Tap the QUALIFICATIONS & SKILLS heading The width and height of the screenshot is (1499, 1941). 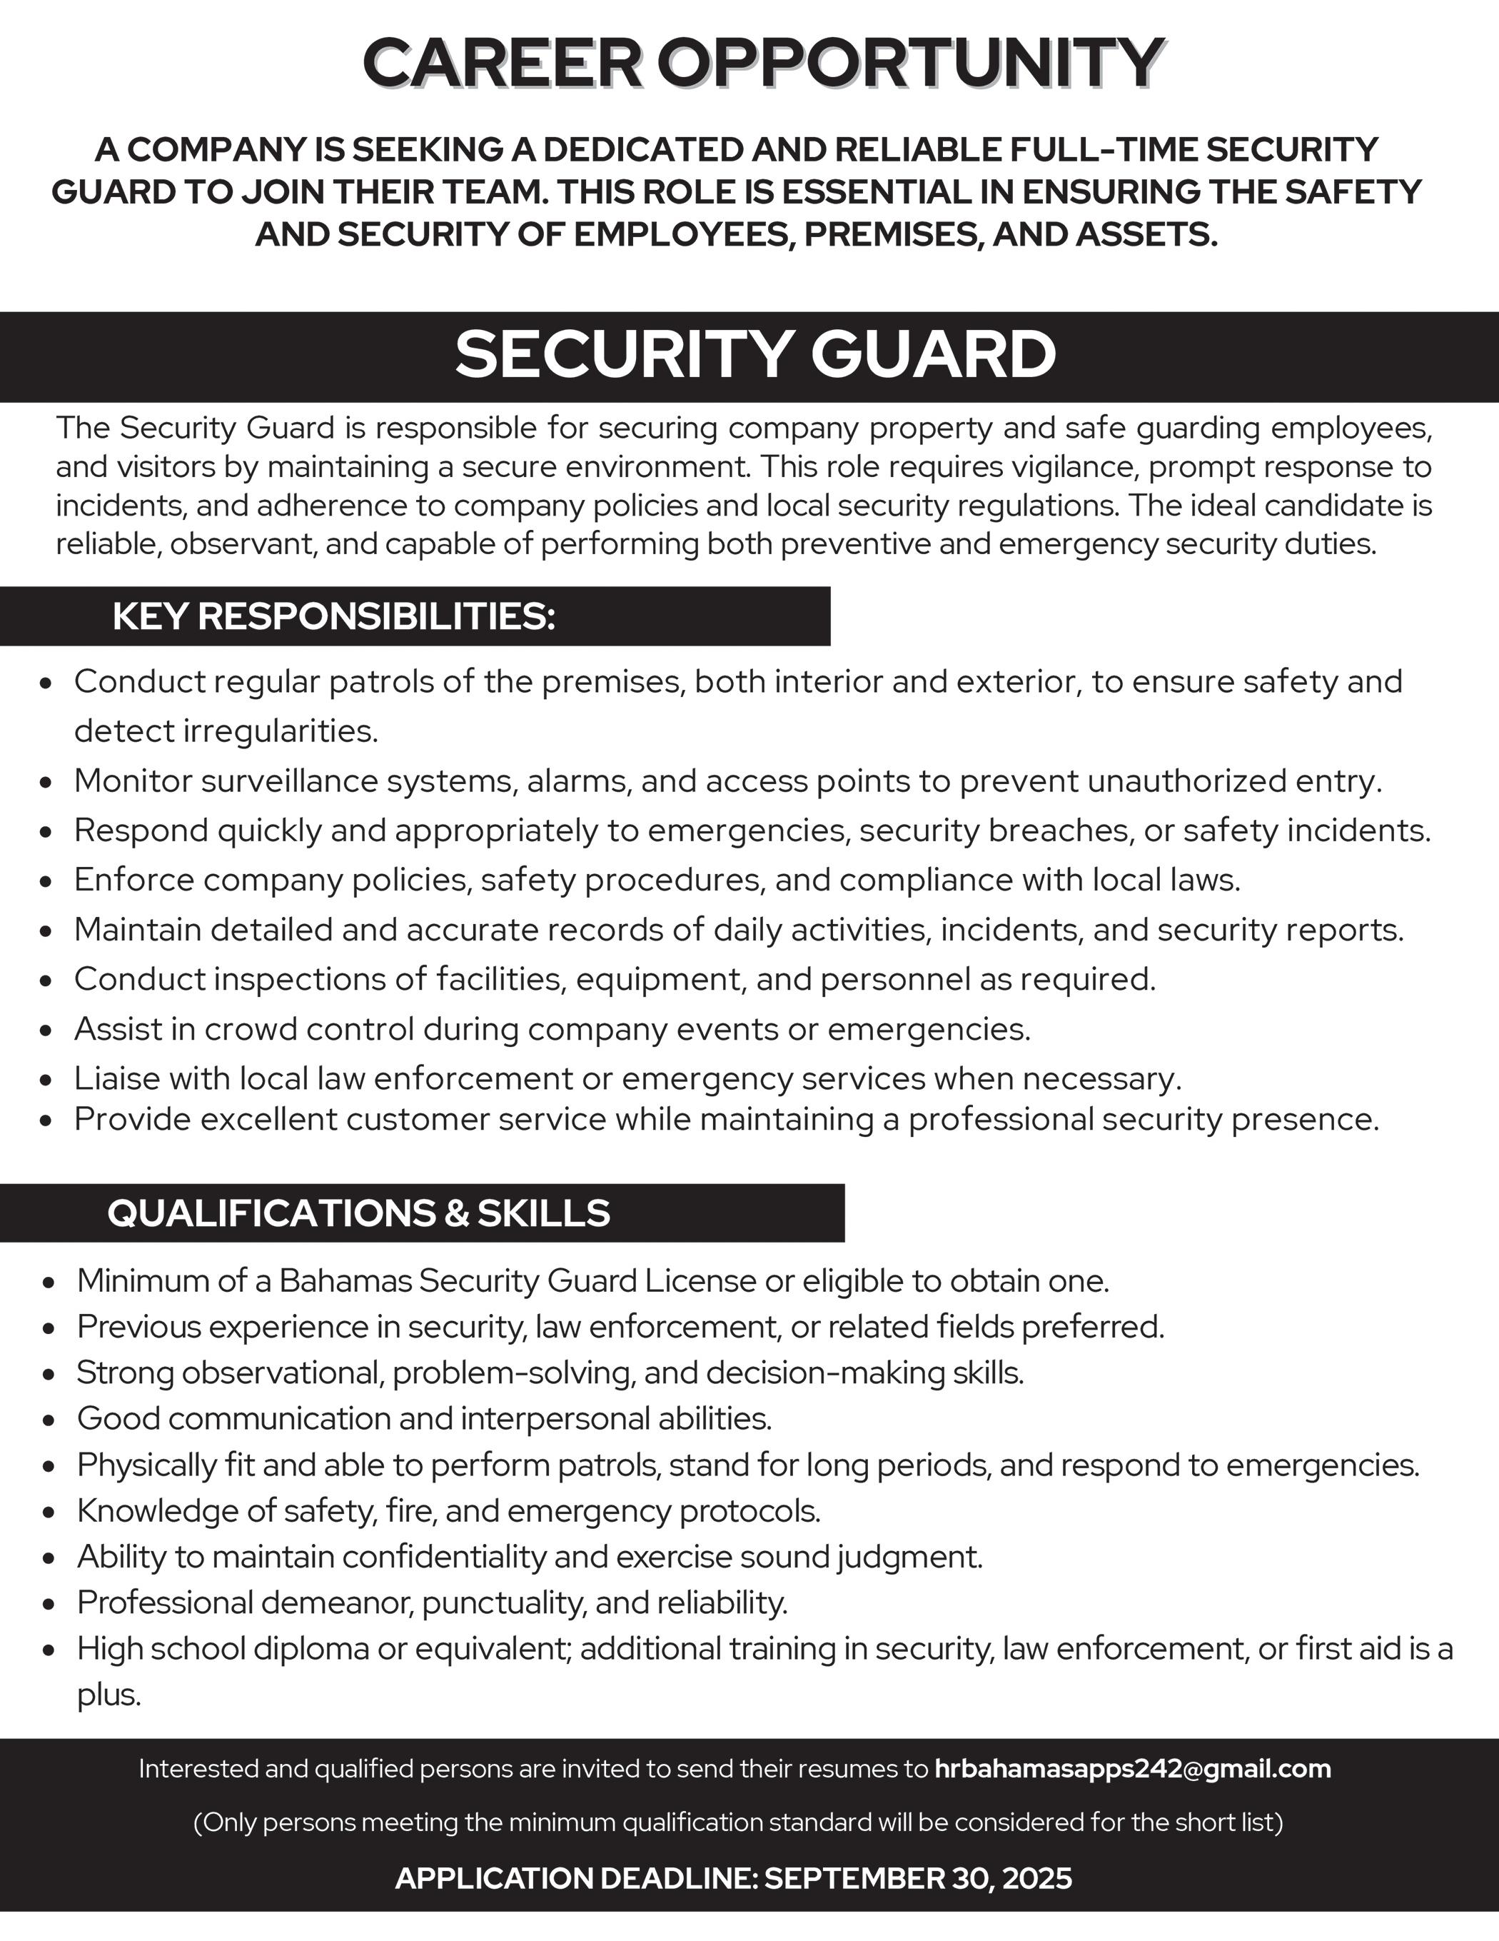358,1213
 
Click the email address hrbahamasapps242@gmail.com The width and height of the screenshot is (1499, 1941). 1133,1769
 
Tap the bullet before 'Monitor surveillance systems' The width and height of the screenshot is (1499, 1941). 48,783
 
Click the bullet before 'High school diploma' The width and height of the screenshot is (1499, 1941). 50,1650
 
